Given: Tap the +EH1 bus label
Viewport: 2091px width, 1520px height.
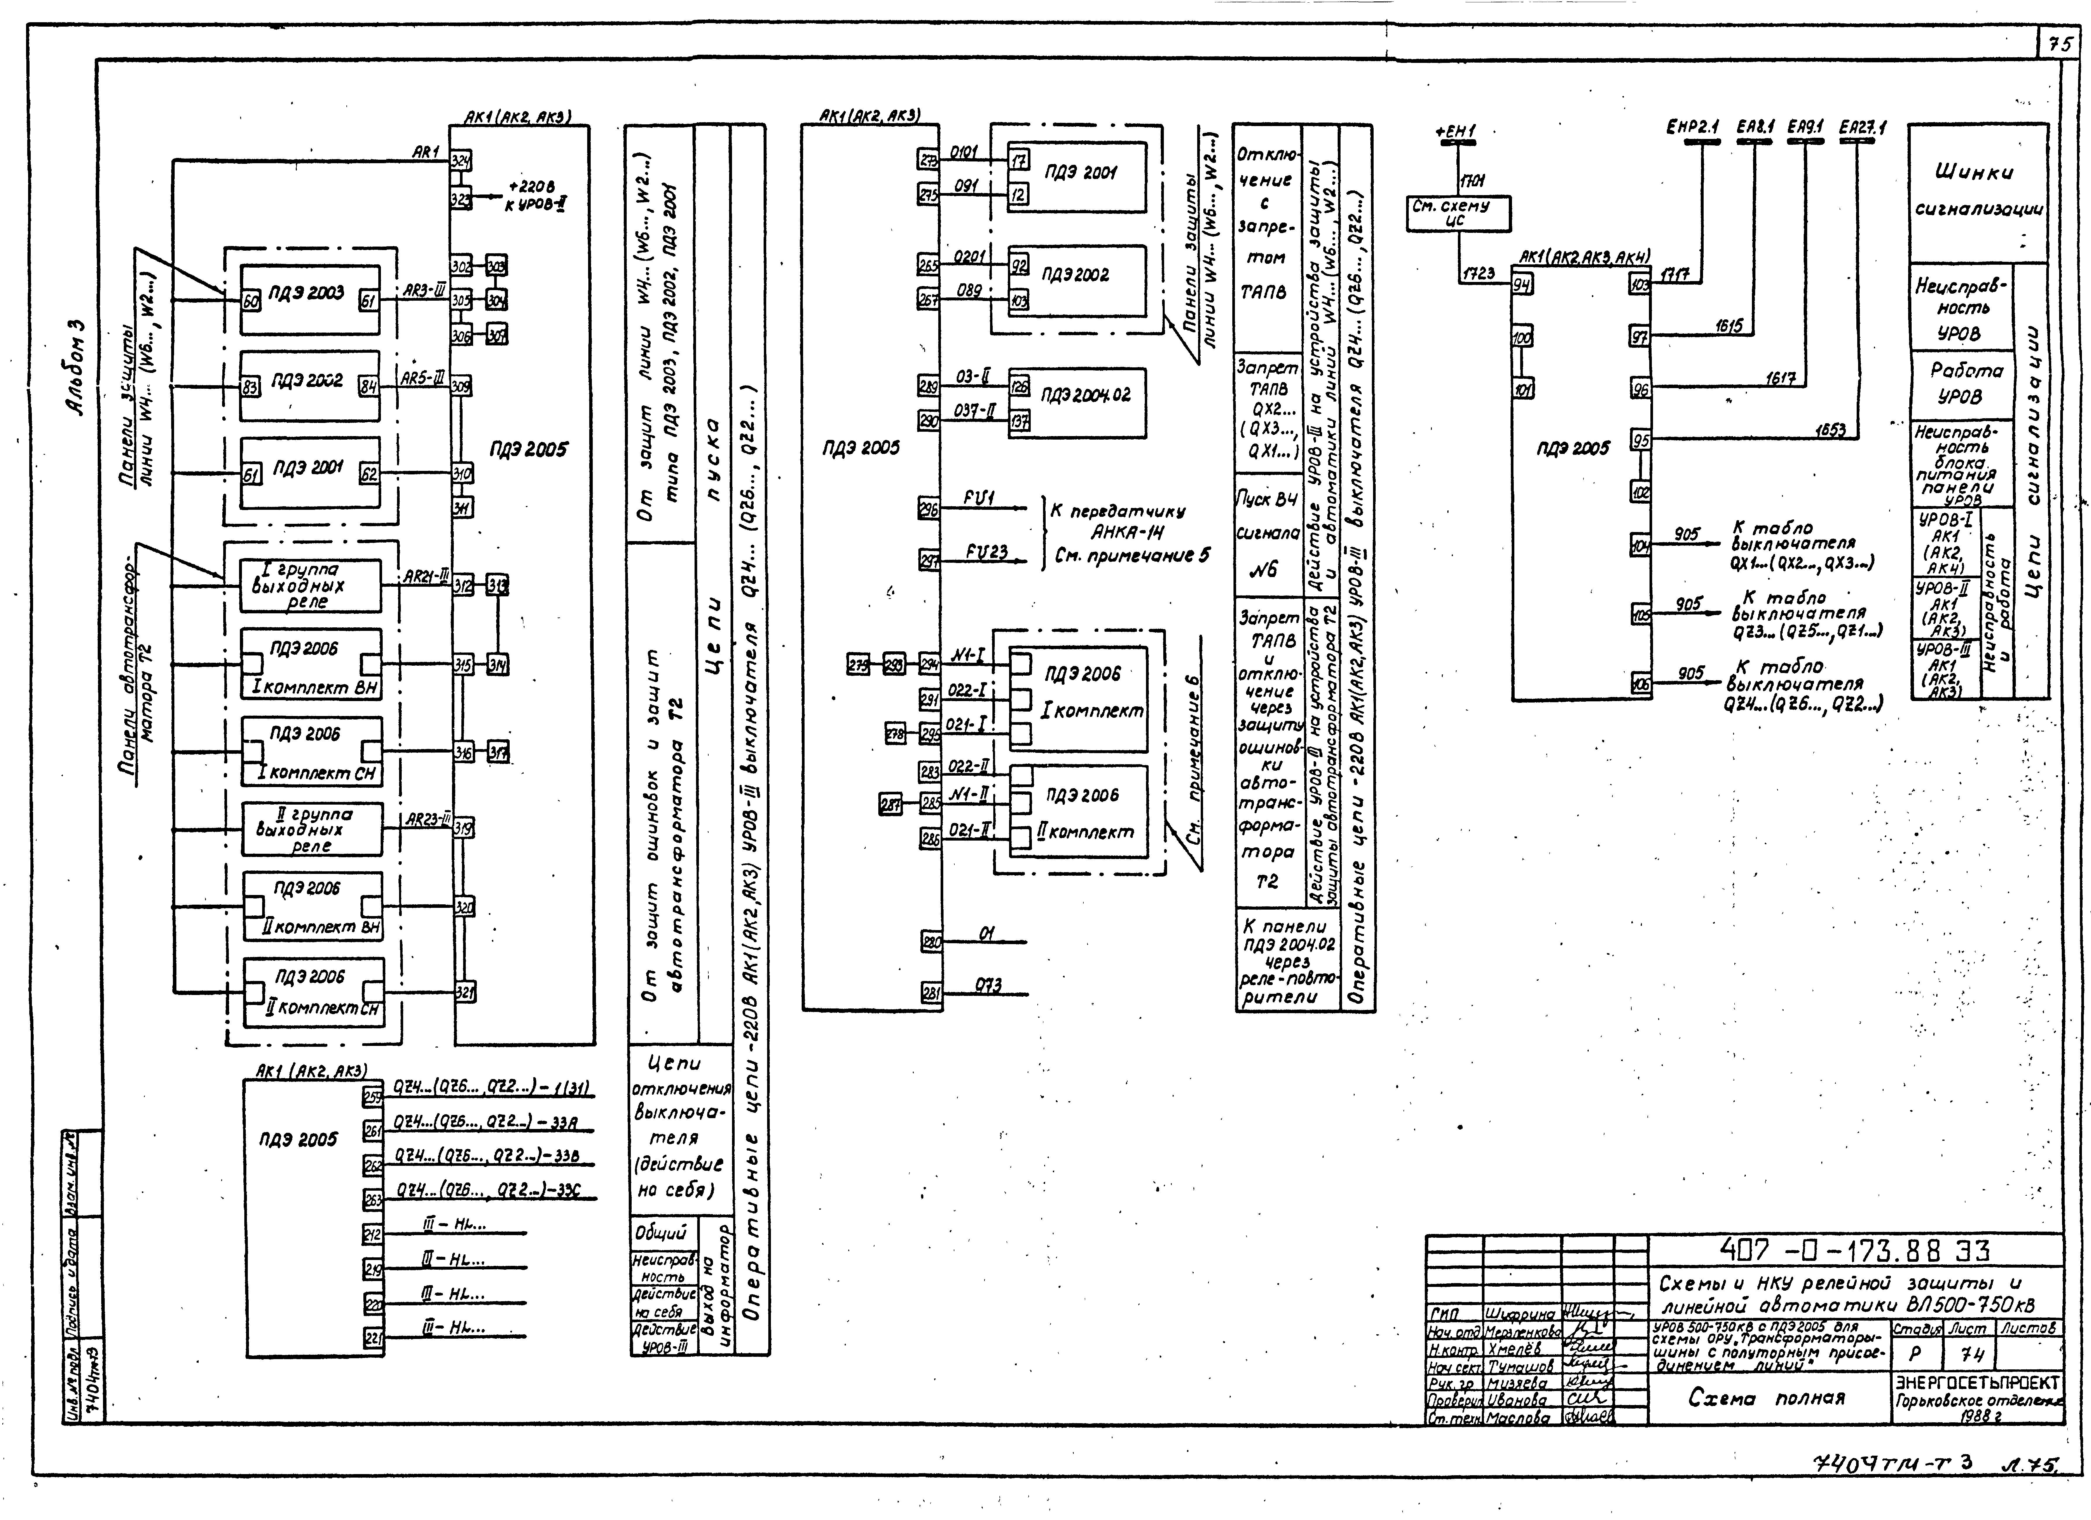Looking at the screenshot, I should pos(1455,132).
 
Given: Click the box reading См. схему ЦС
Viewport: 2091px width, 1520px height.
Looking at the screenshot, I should pos(1458,213).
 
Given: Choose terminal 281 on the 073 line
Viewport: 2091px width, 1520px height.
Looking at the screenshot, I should pos(931,993).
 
